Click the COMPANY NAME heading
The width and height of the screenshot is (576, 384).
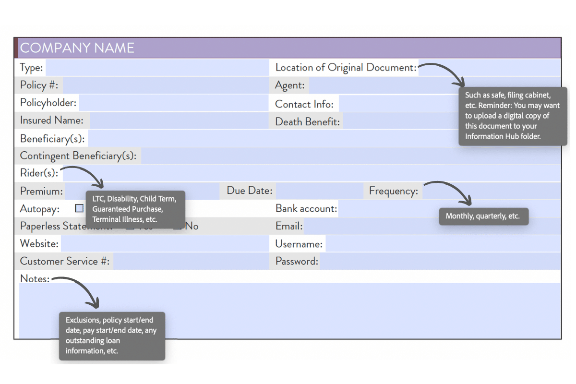click(x=77, y=48)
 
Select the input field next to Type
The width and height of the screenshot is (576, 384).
click(x=157, y=68)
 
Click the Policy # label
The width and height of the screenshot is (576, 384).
click(x=39, y=85)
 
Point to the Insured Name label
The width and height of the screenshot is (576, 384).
click(x=51, y=120)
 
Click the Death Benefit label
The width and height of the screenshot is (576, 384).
click(x=307, y=121)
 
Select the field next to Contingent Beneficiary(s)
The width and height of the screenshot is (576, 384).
click(x=350, y=156)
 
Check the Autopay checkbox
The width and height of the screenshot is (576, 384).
click(x=79, y=208)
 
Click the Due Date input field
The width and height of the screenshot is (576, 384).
click(x=319, y=191)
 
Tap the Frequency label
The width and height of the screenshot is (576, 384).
click(x=393, y=191)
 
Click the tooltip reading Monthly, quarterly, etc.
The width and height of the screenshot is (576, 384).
click(x=483, y=216)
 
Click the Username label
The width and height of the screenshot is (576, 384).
click(x=299, y=244)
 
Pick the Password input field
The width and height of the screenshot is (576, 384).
click(x=439, y=262)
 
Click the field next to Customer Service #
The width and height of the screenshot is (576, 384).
click(x=191, y=262)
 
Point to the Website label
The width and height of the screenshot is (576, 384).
click(x=39, y=244)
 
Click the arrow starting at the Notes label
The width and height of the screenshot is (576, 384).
click(x=82, y=288)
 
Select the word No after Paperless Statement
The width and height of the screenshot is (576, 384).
click(x=192, y=226)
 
